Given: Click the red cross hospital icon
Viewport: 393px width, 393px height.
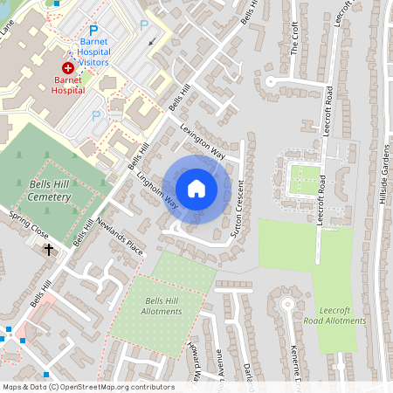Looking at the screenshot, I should pyautogui.click(x=67, y=67).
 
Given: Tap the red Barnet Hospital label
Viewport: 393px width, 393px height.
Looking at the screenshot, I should pyautogui.click(x=68, y=84).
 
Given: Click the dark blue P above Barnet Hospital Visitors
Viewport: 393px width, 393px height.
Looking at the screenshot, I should pyautogui.click(x=93, y=29).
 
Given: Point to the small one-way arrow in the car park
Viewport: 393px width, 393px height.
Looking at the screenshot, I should pyautogui.click(x=154, y=40).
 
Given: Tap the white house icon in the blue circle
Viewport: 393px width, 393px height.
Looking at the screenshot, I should pyautogui.click(x=196, y=189).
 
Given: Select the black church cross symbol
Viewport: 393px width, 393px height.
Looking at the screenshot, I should pyautogui.click(x=49, y=250).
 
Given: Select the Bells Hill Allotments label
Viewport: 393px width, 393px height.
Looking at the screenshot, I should pyautogui.click(x=162, y=306).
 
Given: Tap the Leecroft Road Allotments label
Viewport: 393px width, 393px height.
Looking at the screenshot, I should pyautogui.click(x=334, y=315).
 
